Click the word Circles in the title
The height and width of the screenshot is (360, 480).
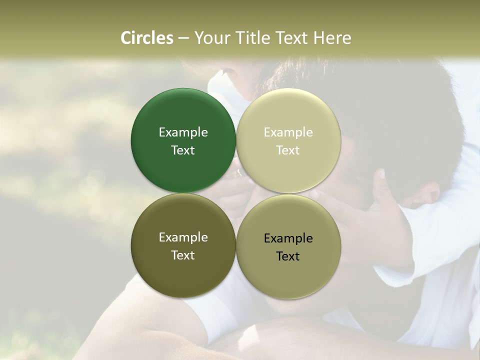(x=146, y=38)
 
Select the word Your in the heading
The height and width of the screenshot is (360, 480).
(x=212, y=38)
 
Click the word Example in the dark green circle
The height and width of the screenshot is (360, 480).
(x=183, y=132)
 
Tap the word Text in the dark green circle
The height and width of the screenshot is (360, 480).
(x=183, y=150)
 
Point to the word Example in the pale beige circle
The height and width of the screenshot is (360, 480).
(x=288, y=132)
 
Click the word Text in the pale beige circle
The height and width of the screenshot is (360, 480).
(x=288, y=150)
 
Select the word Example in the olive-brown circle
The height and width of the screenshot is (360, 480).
(x=183, y=237)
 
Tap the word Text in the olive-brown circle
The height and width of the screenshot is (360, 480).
(x=183, y=255)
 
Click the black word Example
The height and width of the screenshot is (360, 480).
(x=288, y=238)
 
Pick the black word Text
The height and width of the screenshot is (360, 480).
(x=288, y=256)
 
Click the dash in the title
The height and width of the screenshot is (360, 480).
(x=183, y=38)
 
